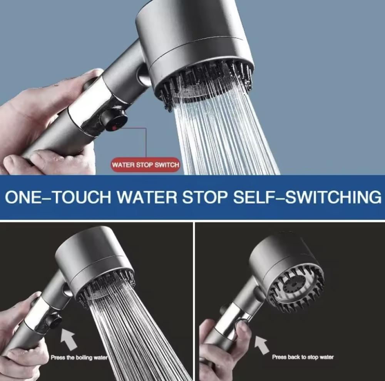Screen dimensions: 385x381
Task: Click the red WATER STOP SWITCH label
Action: click(146, 164)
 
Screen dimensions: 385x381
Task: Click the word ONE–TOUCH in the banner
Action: click(58, 197)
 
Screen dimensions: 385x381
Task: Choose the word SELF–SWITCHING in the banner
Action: click(307, 197)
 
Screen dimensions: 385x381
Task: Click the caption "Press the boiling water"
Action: click(79, 358)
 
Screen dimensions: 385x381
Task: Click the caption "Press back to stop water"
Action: click(303, 357)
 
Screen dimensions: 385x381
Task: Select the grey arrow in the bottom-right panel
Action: click(262, 345)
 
